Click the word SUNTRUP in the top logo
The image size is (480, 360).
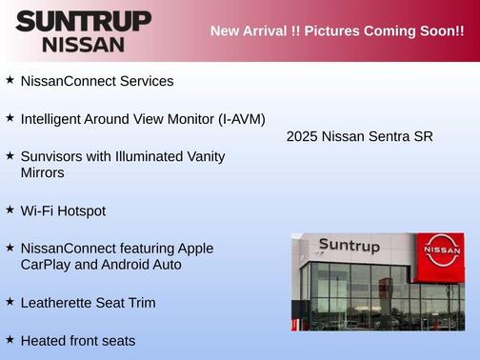click(84, 21)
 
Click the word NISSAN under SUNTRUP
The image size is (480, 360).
click(83, 44)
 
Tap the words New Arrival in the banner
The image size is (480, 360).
click(250, 31)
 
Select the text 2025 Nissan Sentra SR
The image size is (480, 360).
click(360, 136)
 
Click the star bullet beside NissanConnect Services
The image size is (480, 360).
click(10, 80)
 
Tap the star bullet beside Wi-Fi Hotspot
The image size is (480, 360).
click(10, 210)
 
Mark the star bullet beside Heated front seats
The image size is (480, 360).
click(10, 339)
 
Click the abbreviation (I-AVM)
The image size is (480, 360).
click(235, 119)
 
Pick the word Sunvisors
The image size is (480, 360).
click(52, 155)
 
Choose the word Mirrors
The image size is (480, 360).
click(42, 173)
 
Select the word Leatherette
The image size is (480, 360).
click(60, 303)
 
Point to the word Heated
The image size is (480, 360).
click(44, 340)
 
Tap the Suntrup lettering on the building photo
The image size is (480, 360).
click(350, 246)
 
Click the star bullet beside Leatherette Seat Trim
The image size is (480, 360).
click(10, 301)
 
